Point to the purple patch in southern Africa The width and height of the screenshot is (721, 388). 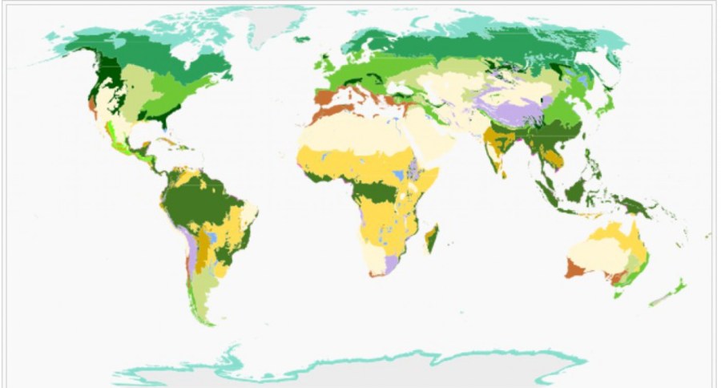point(391,264)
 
